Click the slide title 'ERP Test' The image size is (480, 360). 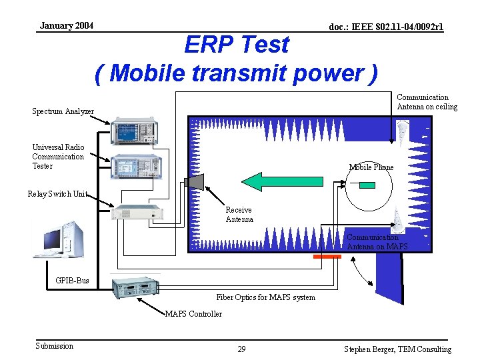click(237, 45)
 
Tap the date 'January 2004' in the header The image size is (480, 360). click(66, 26)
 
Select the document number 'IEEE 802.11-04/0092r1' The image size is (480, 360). click(386, 27)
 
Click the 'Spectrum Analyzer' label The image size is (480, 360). click(63, 111)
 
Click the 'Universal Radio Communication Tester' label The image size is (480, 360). click(58, 157)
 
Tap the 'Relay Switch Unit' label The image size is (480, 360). click(57, 194)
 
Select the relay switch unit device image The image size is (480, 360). click(137, 213)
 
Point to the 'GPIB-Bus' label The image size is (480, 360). click(72, 281)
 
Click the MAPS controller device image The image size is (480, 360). click(136, 287)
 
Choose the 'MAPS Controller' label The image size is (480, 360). click(193, 314)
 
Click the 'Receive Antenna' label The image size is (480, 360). click(239, 215)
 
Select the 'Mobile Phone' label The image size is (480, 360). click(371, 167)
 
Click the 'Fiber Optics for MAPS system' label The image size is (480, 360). click(265, 297)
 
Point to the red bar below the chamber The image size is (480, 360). click(327, 256)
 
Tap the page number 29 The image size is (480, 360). click(241, 349)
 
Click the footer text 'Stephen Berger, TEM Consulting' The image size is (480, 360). click(397, 349)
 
